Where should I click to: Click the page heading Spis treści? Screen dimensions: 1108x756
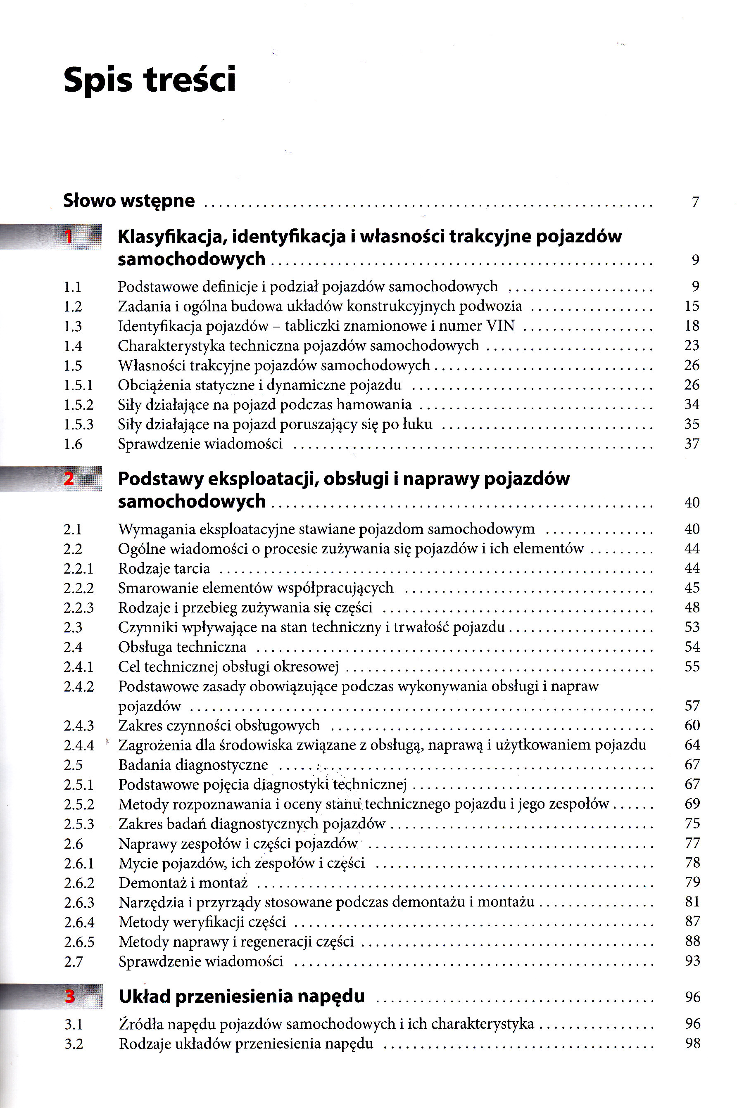tap(149, 80)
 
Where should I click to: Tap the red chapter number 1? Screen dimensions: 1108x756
tap(69, 237)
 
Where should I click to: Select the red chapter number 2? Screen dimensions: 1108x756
tap(69, 479)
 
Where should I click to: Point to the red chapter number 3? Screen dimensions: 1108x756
tap(70, 996)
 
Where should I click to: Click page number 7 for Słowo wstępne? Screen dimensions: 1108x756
tap(695, 202)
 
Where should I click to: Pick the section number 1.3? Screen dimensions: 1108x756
tap(73, 327)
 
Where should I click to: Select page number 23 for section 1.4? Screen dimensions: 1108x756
tap(692, 345)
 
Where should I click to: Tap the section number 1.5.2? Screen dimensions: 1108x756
tap(79, 405)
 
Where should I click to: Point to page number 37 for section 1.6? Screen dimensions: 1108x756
tap(692, 444)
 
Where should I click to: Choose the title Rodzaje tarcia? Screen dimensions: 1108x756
tap(164, 568)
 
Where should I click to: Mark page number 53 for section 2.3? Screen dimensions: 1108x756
tap(692, 627)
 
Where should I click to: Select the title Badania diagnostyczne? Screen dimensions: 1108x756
tap(193, 765)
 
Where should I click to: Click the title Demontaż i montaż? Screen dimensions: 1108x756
tap(183, 883)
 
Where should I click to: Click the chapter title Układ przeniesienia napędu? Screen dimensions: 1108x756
tap(242, 996)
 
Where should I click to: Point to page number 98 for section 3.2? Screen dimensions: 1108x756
tap(692, 1044)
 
